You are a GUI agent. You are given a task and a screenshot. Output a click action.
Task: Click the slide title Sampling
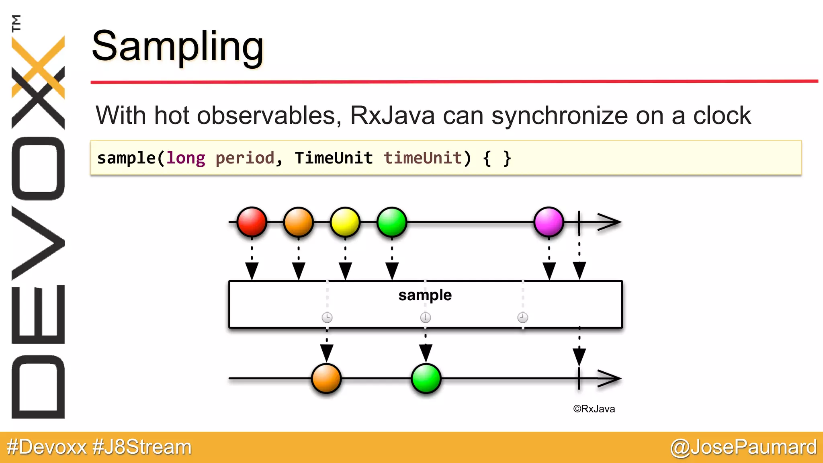coord(177,47)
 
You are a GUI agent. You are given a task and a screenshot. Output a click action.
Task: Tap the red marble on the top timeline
coord(252,221)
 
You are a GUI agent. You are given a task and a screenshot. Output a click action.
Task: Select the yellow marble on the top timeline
coord(345,221)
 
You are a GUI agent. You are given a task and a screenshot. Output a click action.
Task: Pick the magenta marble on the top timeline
coord(549,221)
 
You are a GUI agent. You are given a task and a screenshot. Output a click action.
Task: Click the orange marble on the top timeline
coord(298,221)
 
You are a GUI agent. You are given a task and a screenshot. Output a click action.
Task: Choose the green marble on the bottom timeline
coord(426,378)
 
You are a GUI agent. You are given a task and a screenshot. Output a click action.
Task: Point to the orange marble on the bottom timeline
coord(326,378)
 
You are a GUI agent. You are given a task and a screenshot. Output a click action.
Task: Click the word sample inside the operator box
coord(425,295)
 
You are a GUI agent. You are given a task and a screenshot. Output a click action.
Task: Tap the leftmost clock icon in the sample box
coord(327,318)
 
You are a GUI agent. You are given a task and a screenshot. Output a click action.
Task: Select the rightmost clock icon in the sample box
coord(522,318)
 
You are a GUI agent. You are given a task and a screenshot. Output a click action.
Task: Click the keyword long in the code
coord(186,158)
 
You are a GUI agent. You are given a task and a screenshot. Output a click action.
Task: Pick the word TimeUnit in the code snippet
coord(334,158)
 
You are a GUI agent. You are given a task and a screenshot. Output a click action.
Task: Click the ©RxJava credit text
coord(594,409)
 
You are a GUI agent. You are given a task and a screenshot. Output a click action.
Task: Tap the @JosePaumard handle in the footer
coord(743,447)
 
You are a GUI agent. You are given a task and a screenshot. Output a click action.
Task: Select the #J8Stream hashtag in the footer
coord(142,447)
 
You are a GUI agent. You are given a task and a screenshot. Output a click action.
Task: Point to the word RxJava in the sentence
coord(392,115)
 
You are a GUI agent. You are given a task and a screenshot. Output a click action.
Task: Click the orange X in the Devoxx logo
coord(38,66)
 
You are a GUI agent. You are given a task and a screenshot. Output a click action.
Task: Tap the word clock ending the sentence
coord(722,115)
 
